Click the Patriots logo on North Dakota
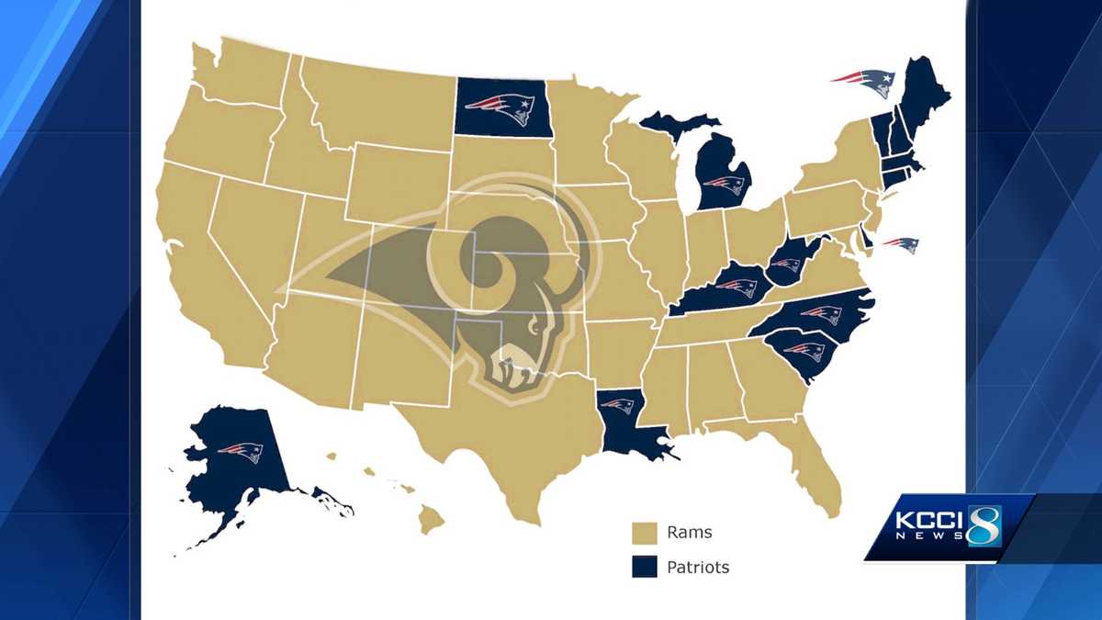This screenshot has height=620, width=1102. click(x=504, y=108)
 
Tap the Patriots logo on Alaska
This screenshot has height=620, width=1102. click(x=241, y=451)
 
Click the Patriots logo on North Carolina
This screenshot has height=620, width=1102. click(x=820, y=315)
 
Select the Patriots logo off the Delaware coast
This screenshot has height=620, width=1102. click(x=900, y=245)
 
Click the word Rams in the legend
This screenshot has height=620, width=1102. click(x=690, y=533)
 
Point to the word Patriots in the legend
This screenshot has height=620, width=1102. click(x=699, y=568)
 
